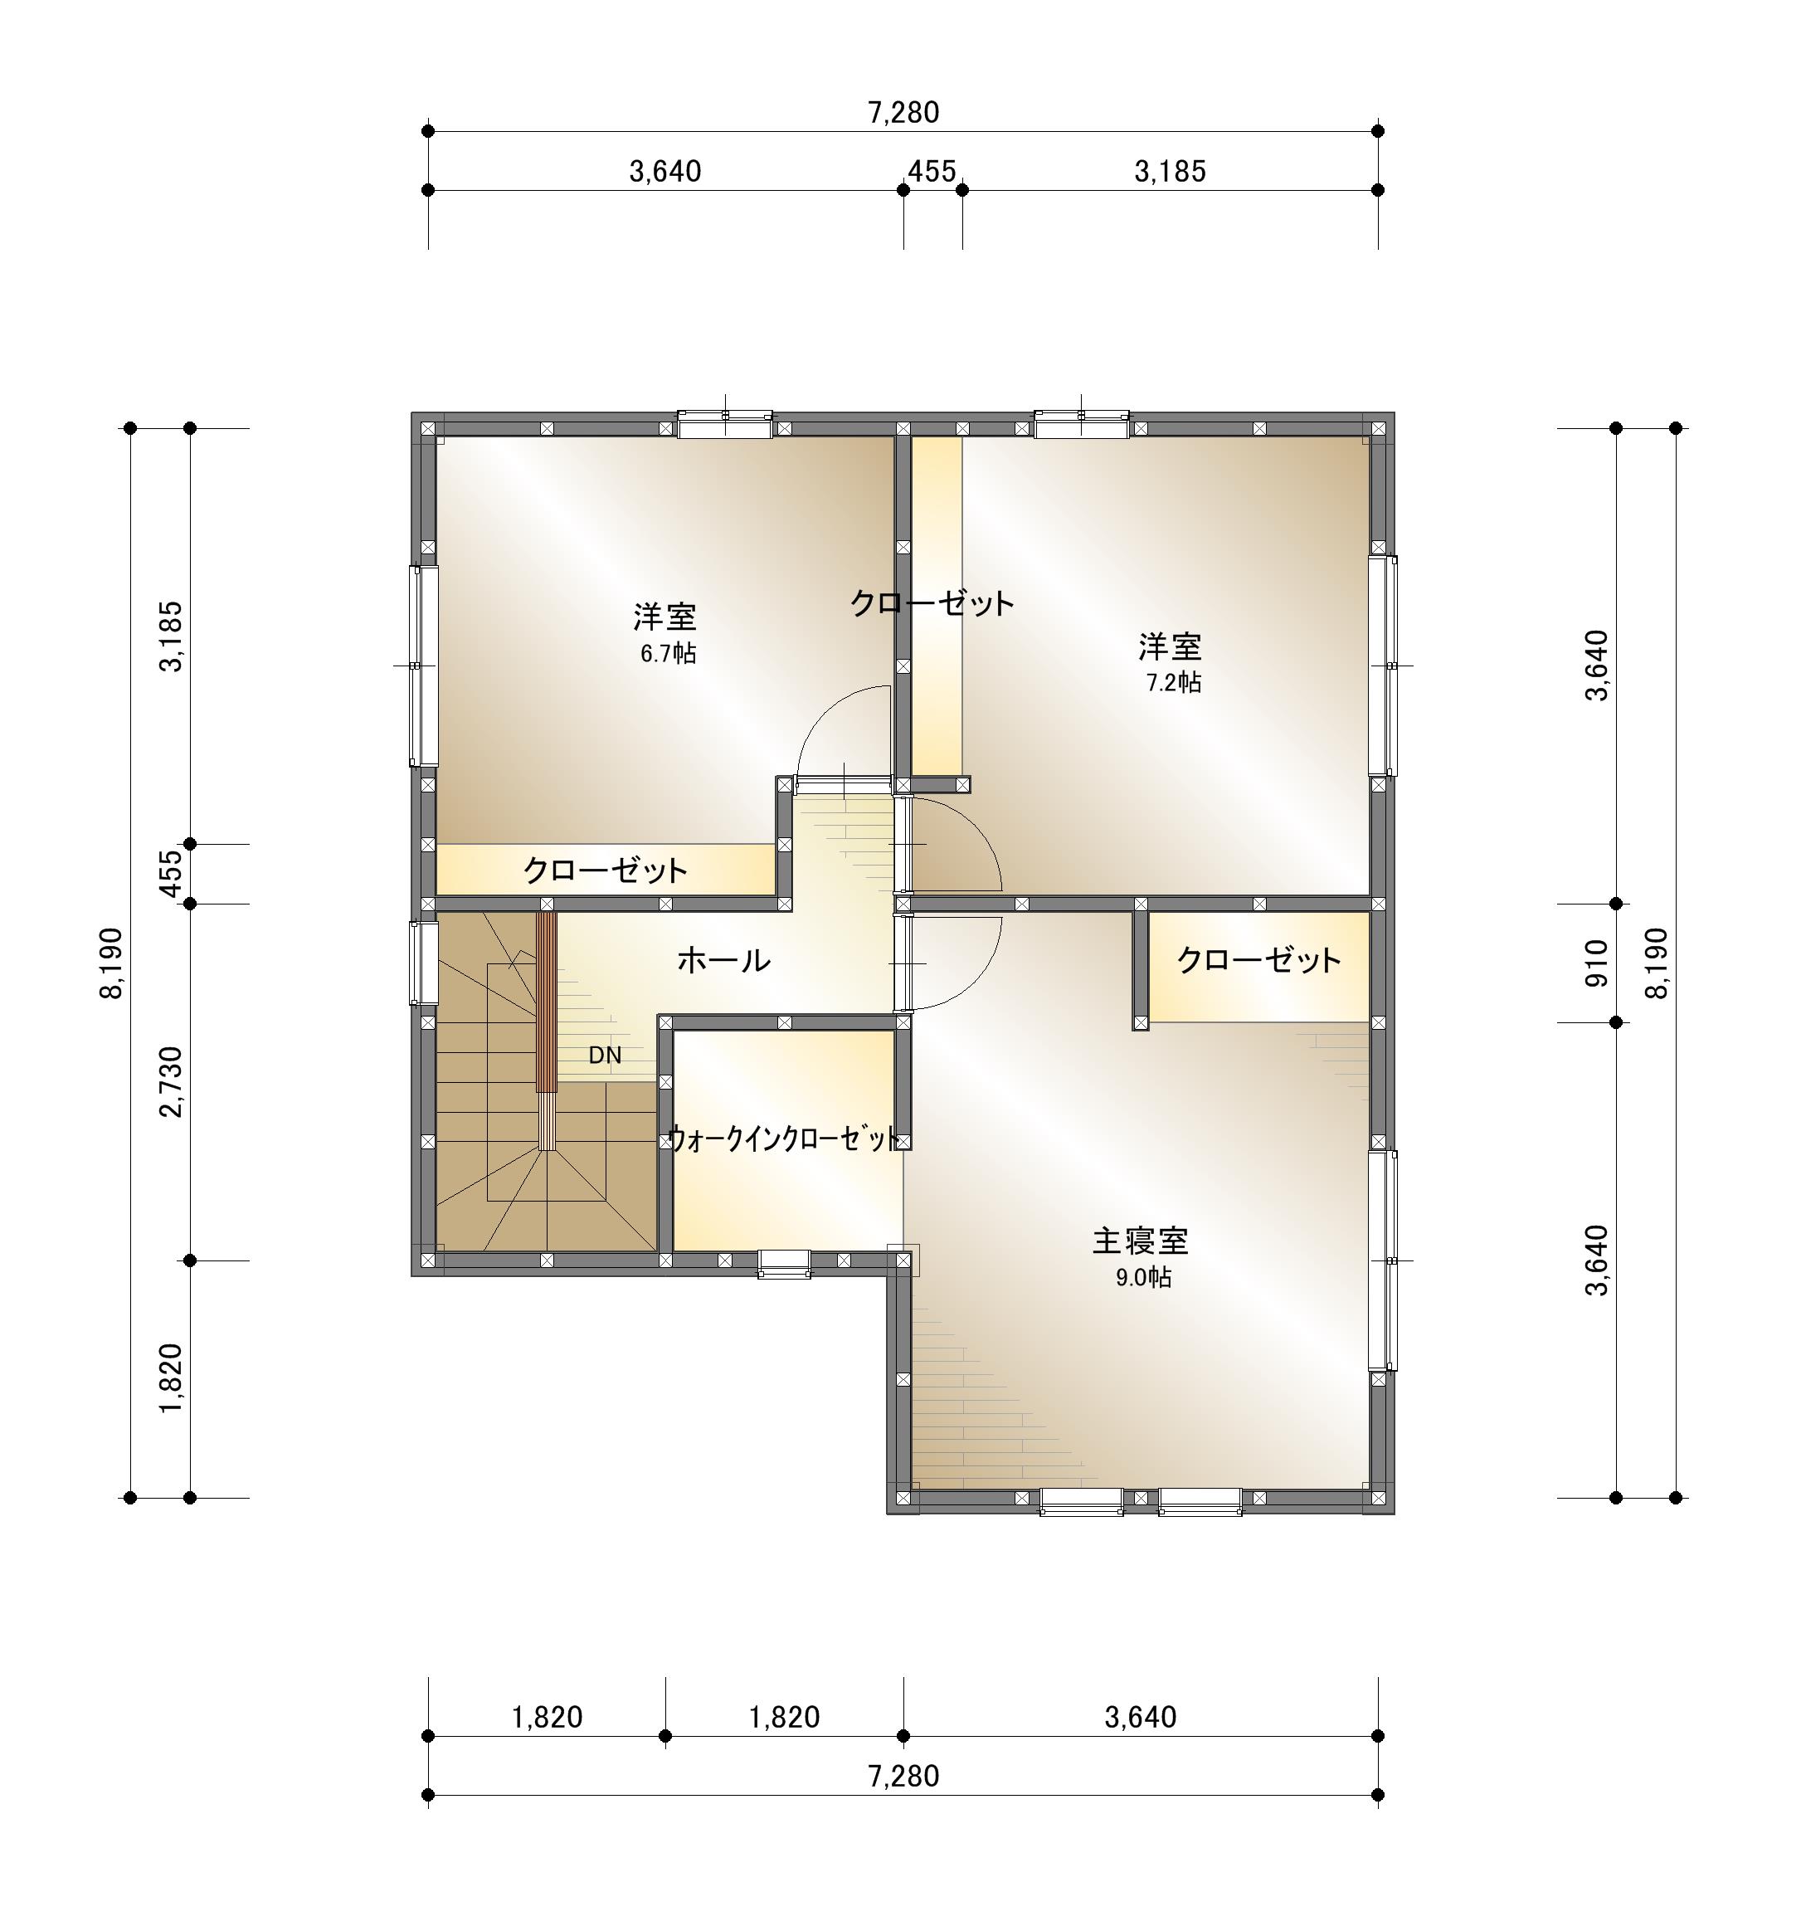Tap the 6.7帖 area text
tap(667, 653)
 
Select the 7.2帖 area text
tap(1174, 683)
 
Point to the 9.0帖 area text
tap(1144, 1277)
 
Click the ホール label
tap(723, 960)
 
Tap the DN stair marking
tap(606, 1055)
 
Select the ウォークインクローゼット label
tap(785, 1139)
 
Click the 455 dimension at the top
tap(932, 172)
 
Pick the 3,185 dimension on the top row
tap(1170, 172)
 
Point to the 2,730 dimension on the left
tap(172, 1081)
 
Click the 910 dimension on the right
tap(1597, 963)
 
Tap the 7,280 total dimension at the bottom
tap(903, 1776)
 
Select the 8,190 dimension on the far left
tap(111, 962)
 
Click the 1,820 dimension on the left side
tap(172, 1378)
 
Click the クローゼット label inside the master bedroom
tap(1258, 960)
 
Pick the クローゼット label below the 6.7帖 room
tap(606, 870)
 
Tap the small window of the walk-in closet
tap(783, 1263)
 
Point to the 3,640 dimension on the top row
tap(665, 172)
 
